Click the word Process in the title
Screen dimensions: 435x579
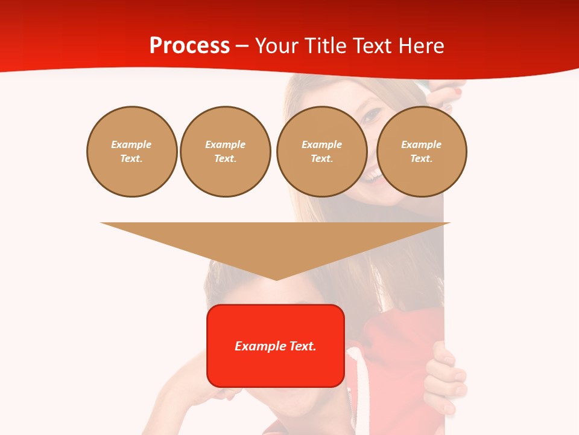tap(189, 46)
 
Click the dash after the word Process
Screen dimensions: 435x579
tap(242, 47)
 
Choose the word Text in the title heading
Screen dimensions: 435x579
tap(371, 46)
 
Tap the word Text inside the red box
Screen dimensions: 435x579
tap(302, 346)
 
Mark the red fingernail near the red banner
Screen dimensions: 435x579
tap(458, 92)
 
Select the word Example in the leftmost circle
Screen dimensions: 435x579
tap(131, 144)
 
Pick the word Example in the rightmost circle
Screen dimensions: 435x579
tap(421, 144)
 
